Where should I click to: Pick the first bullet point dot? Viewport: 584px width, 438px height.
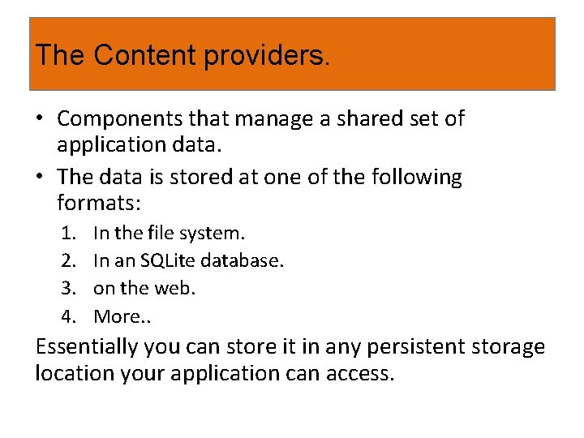pyautogui.click(x=40, y=119)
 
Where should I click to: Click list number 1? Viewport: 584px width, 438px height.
pyautogui.click(x=70, y=234)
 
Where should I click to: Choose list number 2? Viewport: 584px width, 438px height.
pyautogui.click(x=70, y=260)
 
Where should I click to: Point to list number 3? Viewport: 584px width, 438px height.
pyautogui.click(x=70, y=288)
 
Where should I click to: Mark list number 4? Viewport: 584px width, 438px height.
pyautogui.click(x=70, y=316)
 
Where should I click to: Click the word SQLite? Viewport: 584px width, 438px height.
pyautogui.click(x=168, y=260)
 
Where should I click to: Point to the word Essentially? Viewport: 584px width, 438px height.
pyautogui.click(x=86, y=348)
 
